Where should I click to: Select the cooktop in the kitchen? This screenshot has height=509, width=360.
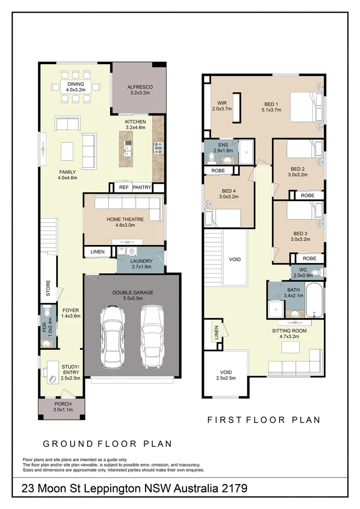pos(158,148)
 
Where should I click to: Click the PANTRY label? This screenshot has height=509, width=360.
pos(142,188)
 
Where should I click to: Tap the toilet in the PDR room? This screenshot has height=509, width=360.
pos(46,312)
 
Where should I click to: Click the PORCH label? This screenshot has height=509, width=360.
pos(63,404)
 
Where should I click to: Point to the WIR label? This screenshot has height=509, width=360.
pos(222,104)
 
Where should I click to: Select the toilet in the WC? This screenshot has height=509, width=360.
pos(315,272)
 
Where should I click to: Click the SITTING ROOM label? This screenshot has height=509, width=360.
pos(289,331)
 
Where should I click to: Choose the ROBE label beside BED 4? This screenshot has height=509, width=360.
pos(221,170)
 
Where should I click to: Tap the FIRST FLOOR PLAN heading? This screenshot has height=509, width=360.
pos(264,420)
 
